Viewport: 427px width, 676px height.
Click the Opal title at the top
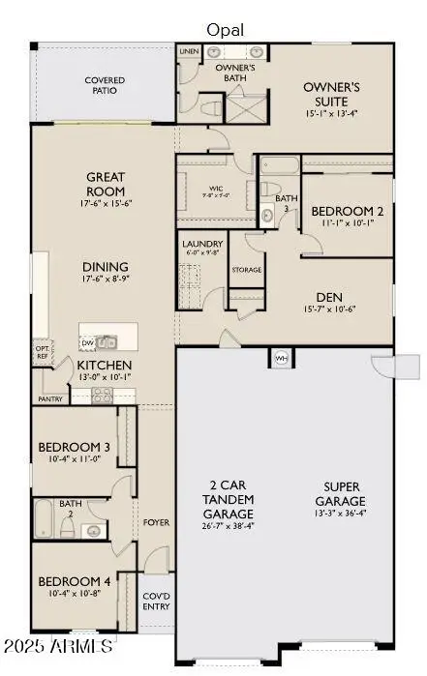(226, 30)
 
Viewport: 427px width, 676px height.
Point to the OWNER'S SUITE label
(332, 93)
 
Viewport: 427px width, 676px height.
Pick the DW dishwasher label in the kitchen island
(88, 342)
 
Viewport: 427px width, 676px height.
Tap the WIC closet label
(217, 190)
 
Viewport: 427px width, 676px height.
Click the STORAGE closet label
(247, 270)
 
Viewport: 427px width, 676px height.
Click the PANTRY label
(50, 398)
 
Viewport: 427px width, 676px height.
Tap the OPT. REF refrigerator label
(42, 352)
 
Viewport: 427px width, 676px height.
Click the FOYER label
(157, 522)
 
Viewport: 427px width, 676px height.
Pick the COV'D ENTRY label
(156, 601)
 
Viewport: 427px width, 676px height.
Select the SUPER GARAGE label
(345, 495)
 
